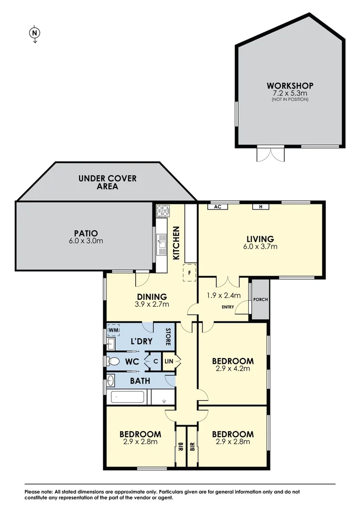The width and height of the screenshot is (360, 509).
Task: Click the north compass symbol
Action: (34, 33)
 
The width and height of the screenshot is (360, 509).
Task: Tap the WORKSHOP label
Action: (290, 86)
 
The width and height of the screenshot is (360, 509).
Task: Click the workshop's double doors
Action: (270, 154)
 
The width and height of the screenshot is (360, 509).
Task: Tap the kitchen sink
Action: (161, 244)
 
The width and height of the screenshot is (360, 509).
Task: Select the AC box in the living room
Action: (218, 206)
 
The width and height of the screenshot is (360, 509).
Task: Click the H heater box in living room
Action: (260, 206)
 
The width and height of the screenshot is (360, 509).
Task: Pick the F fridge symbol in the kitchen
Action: (189, 273)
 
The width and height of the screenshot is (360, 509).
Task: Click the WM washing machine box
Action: (113, 330)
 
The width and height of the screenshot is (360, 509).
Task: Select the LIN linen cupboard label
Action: (169, 361)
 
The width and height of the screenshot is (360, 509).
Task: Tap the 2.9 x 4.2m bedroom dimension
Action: (233, 369)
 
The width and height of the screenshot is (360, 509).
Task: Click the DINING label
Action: (152, 297)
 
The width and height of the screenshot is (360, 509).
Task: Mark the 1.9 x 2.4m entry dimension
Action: (224, 296)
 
